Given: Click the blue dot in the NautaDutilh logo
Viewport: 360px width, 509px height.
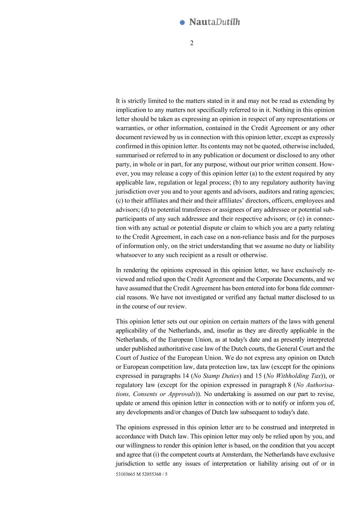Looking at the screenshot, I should point(182,22).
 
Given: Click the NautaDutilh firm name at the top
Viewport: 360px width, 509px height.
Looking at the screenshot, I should point(215,22).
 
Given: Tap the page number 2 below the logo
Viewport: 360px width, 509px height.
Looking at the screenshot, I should point(192,43).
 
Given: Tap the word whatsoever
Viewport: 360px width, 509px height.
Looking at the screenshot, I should point(129,255).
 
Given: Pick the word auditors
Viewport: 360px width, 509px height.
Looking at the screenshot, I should point(274,191).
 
